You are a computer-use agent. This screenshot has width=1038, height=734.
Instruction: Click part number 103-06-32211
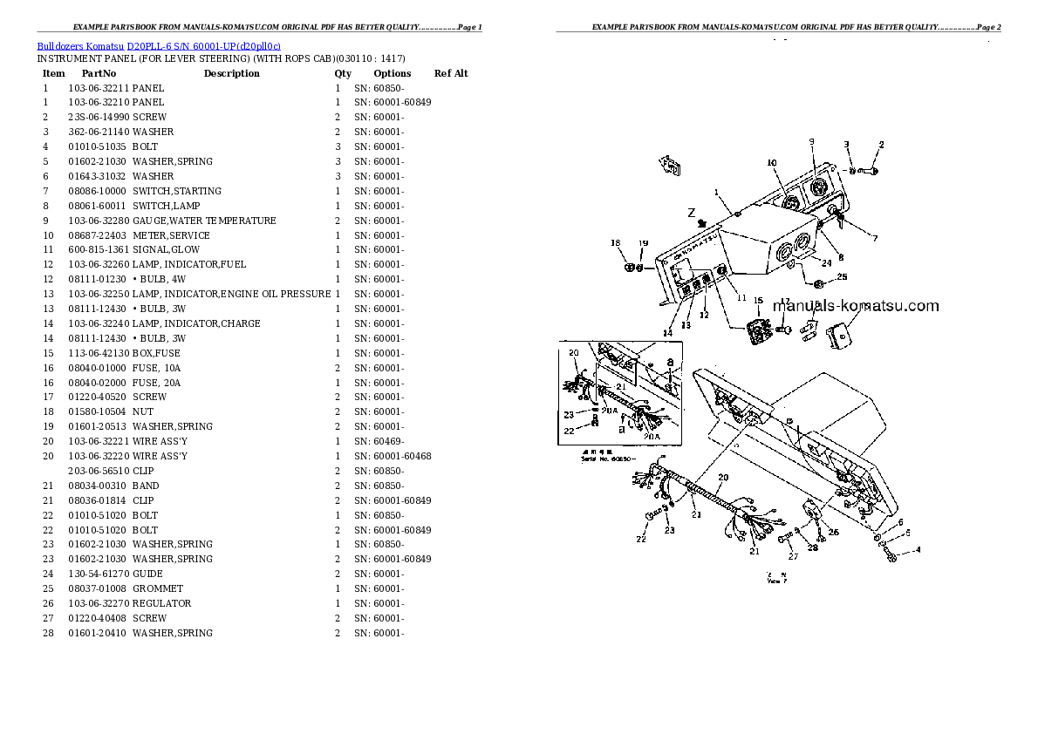(98, 88)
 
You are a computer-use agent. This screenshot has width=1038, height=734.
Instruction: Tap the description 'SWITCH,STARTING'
(177, 191)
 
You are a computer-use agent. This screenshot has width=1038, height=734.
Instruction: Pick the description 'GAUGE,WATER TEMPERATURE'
(204, 221)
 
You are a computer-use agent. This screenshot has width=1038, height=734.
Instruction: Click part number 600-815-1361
(98, 249)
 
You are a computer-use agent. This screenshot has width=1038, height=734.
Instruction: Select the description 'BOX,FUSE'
(158, 353)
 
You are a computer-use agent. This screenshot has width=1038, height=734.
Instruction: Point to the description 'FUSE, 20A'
(158, 383)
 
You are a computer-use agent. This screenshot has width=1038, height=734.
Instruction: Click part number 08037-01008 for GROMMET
(98, 588)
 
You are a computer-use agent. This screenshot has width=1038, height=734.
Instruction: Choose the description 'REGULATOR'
(162, 603)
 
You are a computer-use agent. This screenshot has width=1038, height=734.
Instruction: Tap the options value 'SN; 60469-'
(379, 441)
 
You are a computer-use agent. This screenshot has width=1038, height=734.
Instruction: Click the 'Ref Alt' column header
(451, 74)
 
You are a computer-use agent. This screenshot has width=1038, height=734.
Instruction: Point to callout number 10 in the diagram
(771, 163)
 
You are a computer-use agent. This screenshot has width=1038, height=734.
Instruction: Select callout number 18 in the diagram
(615, 243)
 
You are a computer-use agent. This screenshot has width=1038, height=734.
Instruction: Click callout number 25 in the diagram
(842, 277)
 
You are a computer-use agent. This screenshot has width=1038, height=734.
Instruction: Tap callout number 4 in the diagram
(918, 551)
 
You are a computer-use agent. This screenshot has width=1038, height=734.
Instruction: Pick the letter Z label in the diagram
(691, 212)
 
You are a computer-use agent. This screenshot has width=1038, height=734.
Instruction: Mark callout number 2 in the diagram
(881, 144)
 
